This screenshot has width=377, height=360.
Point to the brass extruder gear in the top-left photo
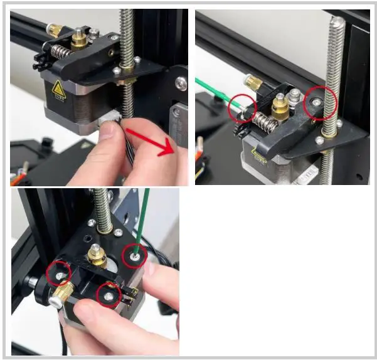click(x=80, y=41)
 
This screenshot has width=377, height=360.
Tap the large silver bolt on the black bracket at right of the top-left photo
click(x=181, y=82)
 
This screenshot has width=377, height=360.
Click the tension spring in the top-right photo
click(x=264, y=121)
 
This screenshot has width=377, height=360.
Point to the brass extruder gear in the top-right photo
click(x=280, y=107)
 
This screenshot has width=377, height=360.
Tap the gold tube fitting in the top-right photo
click(x=254, y=82)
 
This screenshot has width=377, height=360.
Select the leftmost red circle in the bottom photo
click(x=59, y=273)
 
